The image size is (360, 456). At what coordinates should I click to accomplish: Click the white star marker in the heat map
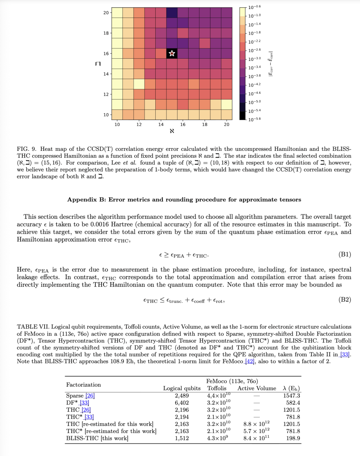coord(172,53)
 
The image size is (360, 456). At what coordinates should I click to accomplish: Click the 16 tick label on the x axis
coord(183,124)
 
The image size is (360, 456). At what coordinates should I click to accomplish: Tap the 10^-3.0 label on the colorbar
coord(254,59)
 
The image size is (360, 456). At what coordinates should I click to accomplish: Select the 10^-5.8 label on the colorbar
coord(254,119)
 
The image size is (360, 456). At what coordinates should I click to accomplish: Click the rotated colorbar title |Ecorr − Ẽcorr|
coord(271,64)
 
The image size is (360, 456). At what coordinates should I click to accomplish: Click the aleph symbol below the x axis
coord(172,131)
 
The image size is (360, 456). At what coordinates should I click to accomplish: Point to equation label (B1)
coord(345,255)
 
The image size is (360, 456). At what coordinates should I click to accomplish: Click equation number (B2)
coord(345,300)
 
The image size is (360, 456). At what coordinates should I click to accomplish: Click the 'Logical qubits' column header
coord(182,388)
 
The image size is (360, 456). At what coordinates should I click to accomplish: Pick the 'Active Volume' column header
coord(257,388)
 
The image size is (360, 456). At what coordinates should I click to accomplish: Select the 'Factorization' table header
coord(83,385)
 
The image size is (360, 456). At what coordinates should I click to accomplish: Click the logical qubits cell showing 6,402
coord(182,403)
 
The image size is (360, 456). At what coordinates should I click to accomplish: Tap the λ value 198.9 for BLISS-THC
coord(293,438)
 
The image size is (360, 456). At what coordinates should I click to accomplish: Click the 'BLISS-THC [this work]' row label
coord(97,438)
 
